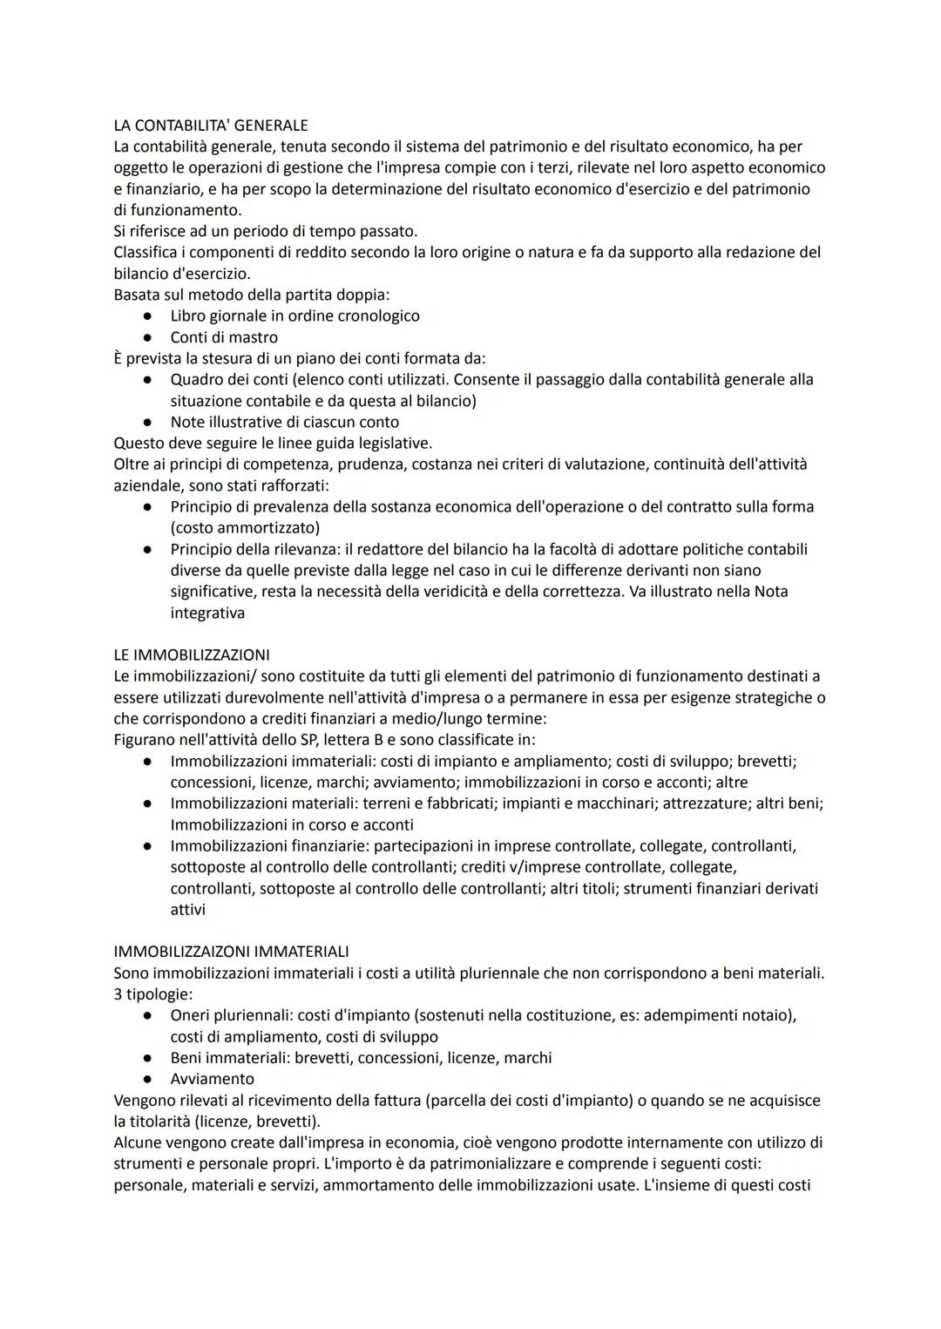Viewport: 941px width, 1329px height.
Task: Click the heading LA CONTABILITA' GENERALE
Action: [211, 125]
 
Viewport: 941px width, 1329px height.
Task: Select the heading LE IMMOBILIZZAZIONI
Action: [192, 654]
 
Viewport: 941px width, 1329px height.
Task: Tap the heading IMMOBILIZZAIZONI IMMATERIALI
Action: [231, 952]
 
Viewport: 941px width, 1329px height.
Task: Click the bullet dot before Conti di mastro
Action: [149, 337]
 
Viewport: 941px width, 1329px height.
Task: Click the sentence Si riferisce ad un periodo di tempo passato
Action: [266, 231]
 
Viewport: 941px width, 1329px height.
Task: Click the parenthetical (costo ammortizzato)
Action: [245, 528]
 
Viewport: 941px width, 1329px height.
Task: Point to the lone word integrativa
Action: [207, 613]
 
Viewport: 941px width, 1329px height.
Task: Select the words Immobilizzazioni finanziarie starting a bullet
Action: [267, 846]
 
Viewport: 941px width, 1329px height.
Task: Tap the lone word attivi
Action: [188, 910]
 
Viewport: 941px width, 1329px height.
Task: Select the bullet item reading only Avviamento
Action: [213, 1079]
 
